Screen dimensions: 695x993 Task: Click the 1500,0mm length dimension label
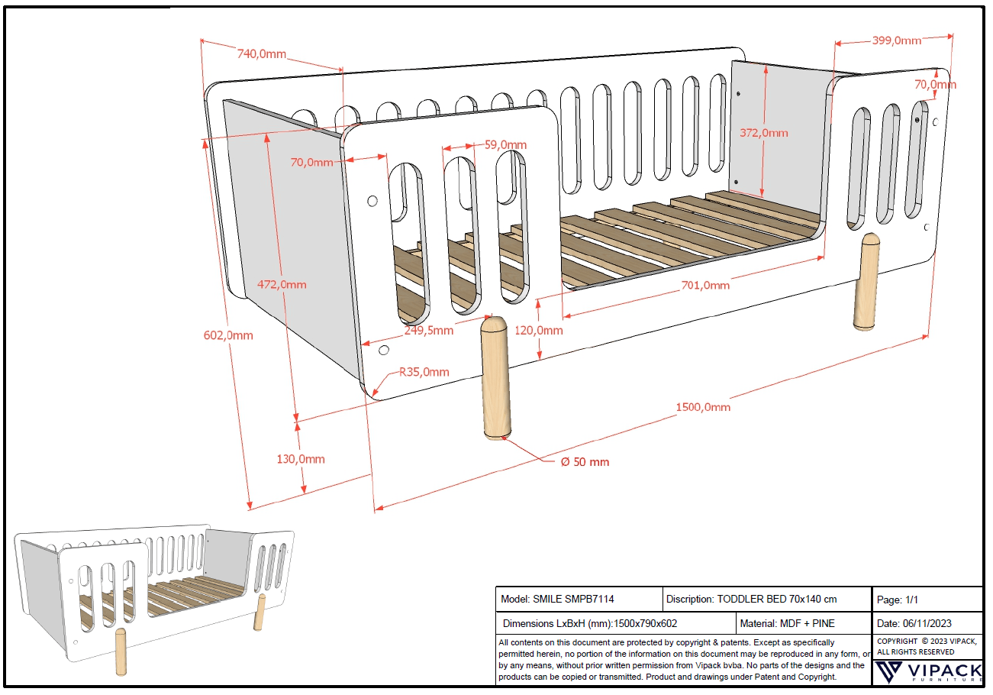pyautogui.click(x=703, y=407)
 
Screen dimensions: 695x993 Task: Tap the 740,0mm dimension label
pyautogui.click(x=261, y=53)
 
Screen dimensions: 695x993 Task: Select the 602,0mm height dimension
pyautogui.click(x=228, y=335)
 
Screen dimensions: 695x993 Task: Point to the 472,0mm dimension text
pyautogui.click(x=282, y=285)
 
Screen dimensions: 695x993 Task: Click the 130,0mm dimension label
pyautogui.click(x=300, y=459)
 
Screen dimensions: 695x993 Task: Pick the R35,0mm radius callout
pyautogui.click(x=424, y=372)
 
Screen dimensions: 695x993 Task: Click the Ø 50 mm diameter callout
pyautogui.click(x=584, y=462)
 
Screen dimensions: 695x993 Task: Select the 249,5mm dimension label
pyautogui.click(x=428, y=331)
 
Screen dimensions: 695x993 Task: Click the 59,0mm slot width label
pyautogui.click(x=505, y=144)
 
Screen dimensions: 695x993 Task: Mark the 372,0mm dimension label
pyautogui.click(x=764, y=133)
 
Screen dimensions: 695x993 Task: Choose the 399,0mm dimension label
pyautogui.click(x=896, y=40)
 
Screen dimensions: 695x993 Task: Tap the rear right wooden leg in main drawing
pyautogui.click(x=866, y=282)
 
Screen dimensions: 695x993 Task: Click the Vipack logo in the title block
pyautogui.click(x=927, y=672)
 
